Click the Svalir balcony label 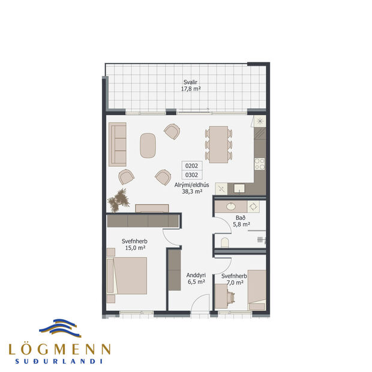point(191,85)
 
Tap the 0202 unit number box point(191,165)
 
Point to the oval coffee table point(148,145)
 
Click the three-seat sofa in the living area point(118,145)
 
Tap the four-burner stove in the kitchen point(260,163)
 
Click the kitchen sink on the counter point(239,188)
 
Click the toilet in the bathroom point(224,242)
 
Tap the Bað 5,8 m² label point(241,221)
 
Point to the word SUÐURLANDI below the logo point(59,361)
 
